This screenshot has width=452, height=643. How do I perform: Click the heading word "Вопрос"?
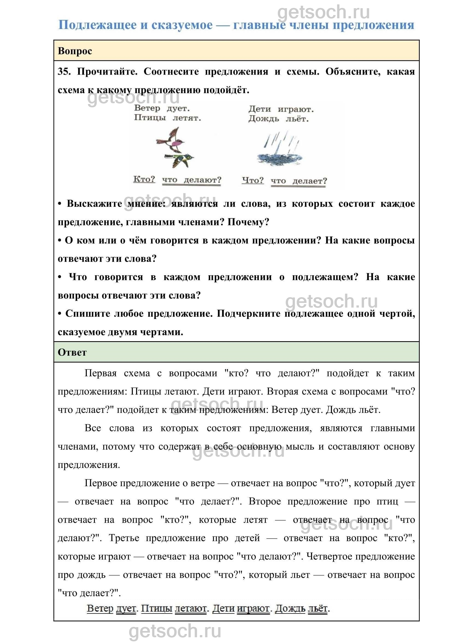(x=75, y=51)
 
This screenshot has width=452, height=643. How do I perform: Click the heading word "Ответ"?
(x=72, y=352)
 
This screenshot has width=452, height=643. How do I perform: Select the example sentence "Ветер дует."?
(x=162, y=108)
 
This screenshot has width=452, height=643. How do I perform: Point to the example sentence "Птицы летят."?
(x=167, y=118)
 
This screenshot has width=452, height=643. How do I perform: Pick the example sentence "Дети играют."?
(x=281, y=109)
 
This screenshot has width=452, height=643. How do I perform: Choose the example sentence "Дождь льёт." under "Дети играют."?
(x=278, y=119)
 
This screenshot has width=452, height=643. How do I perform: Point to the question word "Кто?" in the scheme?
(x=144, y=179)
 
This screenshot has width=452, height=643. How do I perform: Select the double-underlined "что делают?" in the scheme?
(x=192, y=180)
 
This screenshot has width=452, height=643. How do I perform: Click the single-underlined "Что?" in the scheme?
(x=253, y=180)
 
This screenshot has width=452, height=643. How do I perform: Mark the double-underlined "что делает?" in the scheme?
(x=298, y=181)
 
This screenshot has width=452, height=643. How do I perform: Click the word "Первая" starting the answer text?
(x=100, y=373)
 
